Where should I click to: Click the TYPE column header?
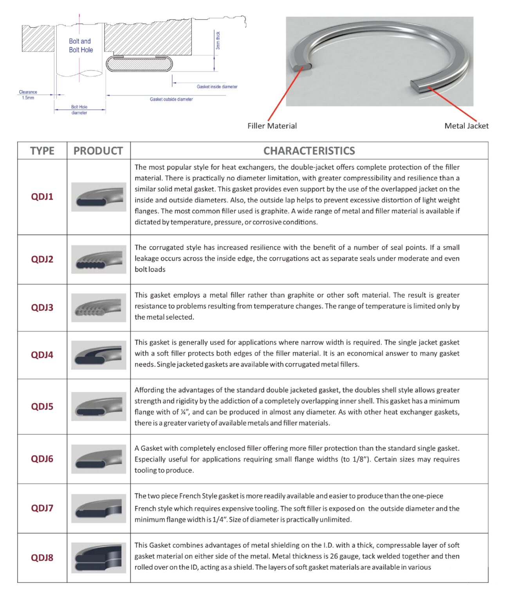42,151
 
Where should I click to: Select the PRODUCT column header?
98,151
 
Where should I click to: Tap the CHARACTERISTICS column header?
309,151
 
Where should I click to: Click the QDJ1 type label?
42,196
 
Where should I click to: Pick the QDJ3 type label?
42,308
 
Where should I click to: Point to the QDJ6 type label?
42,459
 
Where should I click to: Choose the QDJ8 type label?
42,558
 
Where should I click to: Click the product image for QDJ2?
99,259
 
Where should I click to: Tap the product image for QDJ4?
99,355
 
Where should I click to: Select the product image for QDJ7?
99,508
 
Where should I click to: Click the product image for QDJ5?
99,407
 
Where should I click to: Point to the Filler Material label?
272,126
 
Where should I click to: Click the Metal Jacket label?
466,126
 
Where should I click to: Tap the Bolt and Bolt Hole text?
81,45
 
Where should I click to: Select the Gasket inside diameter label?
217,87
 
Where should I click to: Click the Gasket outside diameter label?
171,99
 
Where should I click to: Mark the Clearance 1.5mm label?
28,95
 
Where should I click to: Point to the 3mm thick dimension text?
218,40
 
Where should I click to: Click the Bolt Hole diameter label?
79,110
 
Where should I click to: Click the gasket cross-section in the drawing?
139,64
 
